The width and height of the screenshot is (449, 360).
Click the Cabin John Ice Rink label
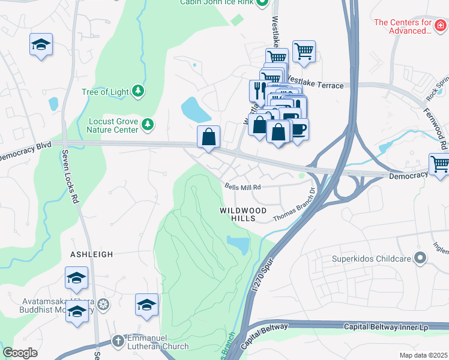218,3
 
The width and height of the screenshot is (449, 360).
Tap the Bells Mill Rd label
243,187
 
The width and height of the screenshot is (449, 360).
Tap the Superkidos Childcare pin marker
420,260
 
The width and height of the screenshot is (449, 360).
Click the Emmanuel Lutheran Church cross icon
118,341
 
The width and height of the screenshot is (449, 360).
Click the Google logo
20,353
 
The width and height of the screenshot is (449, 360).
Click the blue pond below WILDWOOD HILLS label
238,244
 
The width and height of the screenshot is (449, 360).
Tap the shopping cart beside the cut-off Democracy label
439,164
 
